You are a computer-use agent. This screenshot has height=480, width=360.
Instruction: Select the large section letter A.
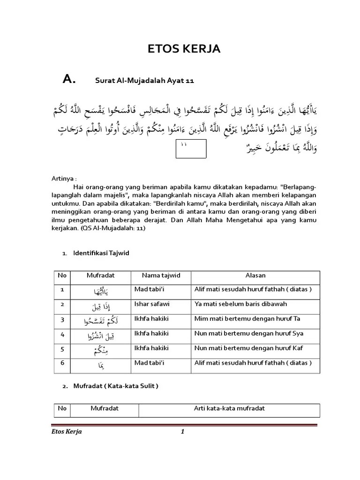coord(69,80)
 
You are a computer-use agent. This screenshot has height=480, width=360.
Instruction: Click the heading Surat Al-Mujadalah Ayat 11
coord(144,81)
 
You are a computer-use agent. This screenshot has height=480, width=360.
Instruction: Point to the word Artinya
coord(64,179)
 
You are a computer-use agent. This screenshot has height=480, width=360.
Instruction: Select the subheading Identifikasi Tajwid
coord(101,253)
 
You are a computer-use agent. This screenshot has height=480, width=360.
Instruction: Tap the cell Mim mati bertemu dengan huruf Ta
coord(247,319)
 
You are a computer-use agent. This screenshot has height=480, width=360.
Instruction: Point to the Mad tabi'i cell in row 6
coord(151,363)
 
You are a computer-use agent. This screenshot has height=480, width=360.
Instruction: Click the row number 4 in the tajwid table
coord(62,334)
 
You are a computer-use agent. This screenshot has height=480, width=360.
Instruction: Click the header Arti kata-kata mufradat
coord(229,408)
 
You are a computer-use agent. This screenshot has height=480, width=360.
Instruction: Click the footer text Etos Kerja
coord(66,432)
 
